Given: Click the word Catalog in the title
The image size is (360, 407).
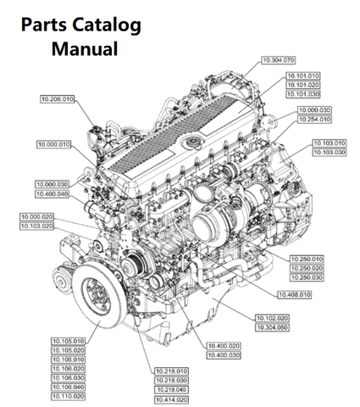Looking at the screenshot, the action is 107,25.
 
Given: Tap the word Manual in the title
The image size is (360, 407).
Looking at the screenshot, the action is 85,48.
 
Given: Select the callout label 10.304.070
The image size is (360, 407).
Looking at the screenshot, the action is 279,60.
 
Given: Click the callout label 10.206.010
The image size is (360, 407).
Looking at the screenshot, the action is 58,99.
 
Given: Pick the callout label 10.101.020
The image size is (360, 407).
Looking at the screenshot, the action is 303,85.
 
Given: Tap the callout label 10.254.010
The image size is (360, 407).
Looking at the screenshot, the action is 314,120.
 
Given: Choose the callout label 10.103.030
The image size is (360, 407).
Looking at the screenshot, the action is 330,153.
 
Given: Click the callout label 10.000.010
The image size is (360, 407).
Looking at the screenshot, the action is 54,144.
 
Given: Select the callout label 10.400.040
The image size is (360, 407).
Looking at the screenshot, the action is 53,194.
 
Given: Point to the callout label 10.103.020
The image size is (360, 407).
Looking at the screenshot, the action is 37,226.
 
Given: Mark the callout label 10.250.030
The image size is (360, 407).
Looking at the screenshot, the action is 307,277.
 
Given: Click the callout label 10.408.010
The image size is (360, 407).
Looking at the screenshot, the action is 295,295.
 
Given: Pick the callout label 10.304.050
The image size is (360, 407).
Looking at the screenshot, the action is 273,327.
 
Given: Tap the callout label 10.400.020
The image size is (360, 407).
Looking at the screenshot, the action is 224,346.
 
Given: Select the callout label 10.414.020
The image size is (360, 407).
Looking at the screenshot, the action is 171,400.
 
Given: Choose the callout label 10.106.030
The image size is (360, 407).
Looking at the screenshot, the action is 69,378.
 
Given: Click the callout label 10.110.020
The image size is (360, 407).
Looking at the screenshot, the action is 69,396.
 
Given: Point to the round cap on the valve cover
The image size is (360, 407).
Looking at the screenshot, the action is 193,142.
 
